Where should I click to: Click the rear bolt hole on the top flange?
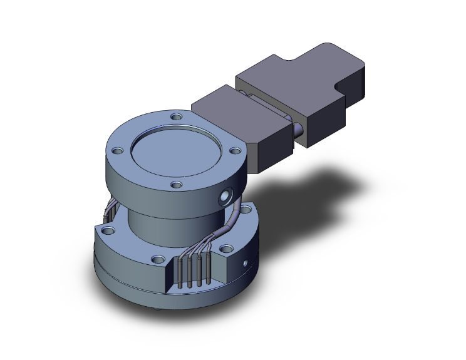[x=177, y=116]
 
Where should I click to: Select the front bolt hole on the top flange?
[x=177, y=185]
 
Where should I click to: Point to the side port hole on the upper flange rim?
[x=224, y=200]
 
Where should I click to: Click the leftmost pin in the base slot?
[x=180, y=271]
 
